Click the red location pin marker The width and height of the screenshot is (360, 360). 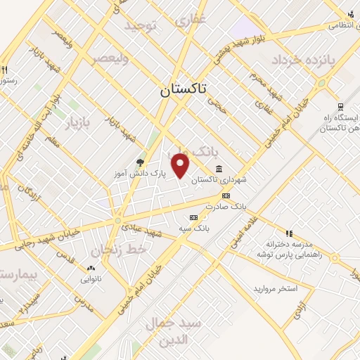pyautogui.click(x=181, y=165)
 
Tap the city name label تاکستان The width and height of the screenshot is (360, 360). pyautogui.click(x=184, y=90)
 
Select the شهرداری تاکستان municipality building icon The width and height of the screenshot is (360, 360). pyautogui.click(x=219, y=169)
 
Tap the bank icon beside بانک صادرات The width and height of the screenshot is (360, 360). pyautogui.click(x=226, y=195)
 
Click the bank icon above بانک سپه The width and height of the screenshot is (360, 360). pyautogui.click(x=194, y=218)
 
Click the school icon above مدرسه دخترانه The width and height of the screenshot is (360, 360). pyautogui.click(x=288, y=233)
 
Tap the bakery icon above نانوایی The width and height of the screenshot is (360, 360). pyautogui.click(x=91, y=268)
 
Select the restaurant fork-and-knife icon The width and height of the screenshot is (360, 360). pyautogui.click(x=5, y=70)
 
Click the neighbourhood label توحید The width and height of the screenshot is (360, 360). pyautogui.click(x=143, y=26)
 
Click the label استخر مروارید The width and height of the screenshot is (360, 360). pyautogui.click(x=276, y=289)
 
